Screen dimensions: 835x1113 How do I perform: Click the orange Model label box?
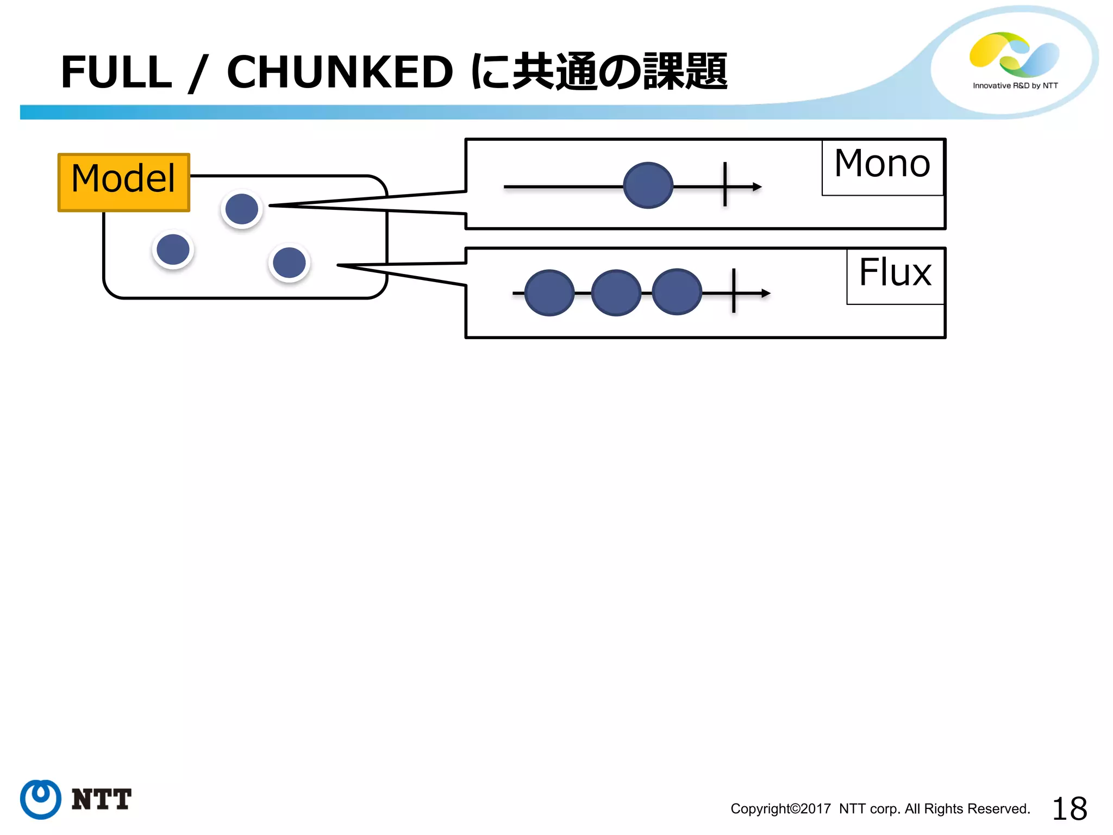click(x=124, y=183)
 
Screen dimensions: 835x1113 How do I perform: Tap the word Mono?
click(x=882, y=164)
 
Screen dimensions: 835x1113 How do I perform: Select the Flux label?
click(x=895, y=273)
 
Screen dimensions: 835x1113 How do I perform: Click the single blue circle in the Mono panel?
click(x=648, y=185)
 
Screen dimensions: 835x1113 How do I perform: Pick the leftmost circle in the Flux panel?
click(x=549, y=293)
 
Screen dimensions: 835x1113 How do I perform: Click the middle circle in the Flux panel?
click(x=616, y=293)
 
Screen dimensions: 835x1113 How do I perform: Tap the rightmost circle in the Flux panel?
click(x=677, y=292)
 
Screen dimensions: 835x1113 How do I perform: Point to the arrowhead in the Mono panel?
click(x=758, y=187)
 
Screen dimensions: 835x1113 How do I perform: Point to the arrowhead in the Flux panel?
click(x=766, y=294)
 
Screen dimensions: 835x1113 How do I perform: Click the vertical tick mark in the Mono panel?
click(x=725, y=185)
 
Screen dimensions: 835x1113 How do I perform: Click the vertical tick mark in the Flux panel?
click(x=734, y=291)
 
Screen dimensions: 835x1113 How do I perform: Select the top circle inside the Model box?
click(x=242, y=209)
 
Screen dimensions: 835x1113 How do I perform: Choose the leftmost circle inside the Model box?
click(x=173, y=250)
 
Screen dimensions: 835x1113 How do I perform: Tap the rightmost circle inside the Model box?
click(x=289, y=263)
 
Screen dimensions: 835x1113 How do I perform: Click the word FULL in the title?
click(x=116, y=72)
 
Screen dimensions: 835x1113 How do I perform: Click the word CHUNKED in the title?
click(x=340, y=72)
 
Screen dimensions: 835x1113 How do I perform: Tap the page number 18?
click(x=1069, y=809)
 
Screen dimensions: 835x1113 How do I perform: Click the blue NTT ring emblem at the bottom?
click(x=41, y=799)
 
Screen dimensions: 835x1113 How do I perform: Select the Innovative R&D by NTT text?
click(x=1015, y=86)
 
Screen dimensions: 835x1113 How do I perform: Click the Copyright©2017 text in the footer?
click(x=780, y=809)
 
